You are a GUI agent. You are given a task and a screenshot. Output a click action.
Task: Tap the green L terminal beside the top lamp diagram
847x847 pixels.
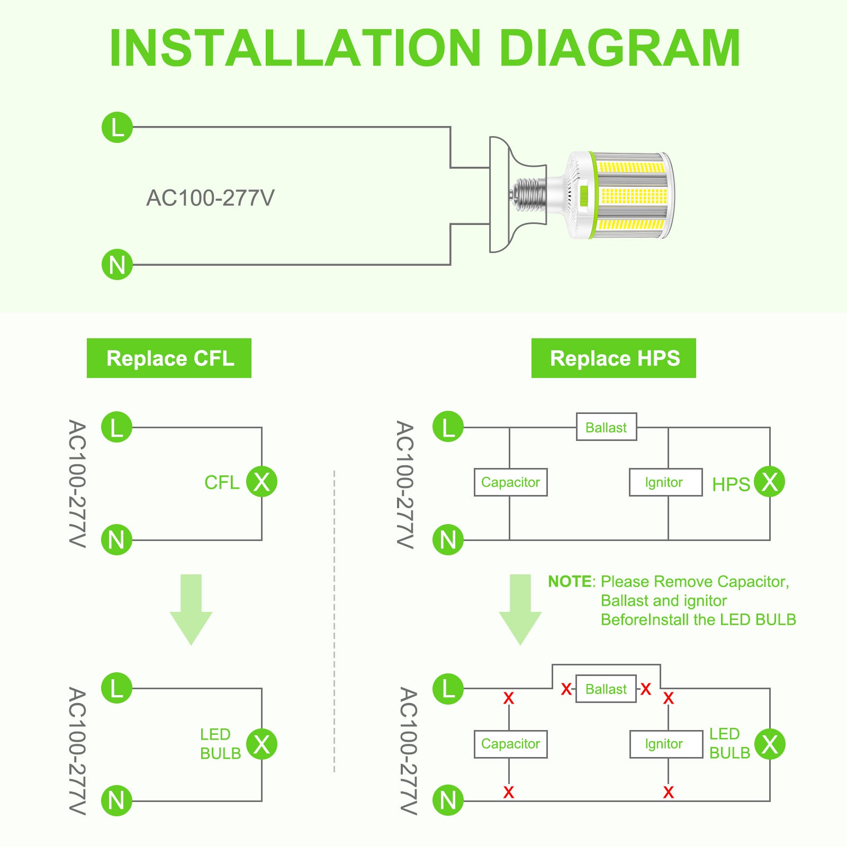click(117, 127)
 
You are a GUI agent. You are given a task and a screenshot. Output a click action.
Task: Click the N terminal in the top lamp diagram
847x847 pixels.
click(117, 265)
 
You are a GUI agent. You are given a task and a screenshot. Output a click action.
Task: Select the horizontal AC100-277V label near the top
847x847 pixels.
click(210, 198)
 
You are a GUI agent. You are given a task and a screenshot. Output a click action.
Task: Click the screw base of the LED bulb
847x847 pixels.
click(529, 195)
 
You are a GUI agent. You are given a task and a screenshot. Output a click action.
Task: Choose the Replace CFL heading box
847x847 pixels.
click(169, 358)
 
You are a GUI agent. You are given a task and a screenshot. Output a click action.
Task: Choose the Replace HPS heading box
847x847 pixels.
click(614, 358)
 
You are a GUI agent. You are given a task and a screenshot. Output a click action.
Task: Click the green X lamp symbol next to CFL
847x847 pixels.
click(262, 482)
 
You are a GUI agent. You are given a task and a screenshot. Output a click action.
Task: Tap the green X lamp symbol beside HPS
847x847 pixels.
click(769, 482)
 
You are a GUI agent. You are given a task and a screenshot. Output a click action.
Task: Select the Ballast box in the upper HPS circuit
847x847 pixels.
click(606, 427)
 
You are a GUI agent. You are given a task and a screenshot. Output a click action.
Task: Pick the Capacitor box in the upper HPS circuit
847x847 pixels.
click(510, 482)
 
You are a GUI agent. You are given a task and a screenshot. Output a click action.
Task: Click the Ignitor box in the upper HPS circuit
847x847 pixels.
click(665, 482)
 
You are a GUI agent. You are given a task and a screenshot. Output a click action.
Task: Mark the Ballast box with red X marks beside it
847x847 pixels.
click(606, 689)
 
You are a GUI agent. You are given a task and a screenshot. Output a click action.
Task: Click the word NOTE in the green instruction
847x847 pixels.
click(570, 582)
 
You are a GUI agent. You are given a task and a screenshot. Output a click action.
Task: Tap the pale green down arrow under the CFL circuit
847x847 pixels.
click(191, 609)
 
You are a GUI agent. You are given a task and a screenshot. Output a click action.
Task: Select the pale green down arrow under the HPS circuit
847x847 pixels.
click(520, 609)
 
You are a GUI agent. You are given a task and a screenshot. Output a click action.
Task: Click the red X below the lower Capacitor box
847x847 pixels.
click(509, 792)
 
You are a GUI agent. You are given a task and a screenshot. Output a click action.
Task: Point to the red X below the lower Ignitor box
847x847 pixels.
click(668, 792)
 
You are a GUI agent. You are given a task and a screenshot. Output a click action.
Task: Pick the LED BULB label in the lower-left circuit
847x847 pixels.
click(220, 744)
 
